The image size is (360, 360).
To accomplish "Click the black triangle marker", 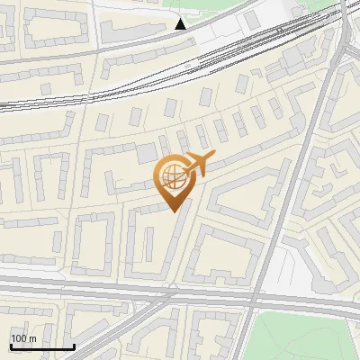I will tap(181, 23).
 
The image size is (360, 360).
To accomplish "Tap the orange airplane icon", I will tap(199, 163).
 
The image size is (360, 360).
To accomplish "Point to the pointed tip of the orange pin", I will tap(172, 211).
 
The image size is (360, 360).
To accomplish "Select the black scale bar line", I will tap(41, 346).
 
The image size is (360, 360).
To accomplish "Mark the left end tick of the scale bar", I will tap(11, 345).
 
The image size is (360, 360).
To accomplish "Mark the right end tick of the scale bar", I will tap(73, 345).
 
